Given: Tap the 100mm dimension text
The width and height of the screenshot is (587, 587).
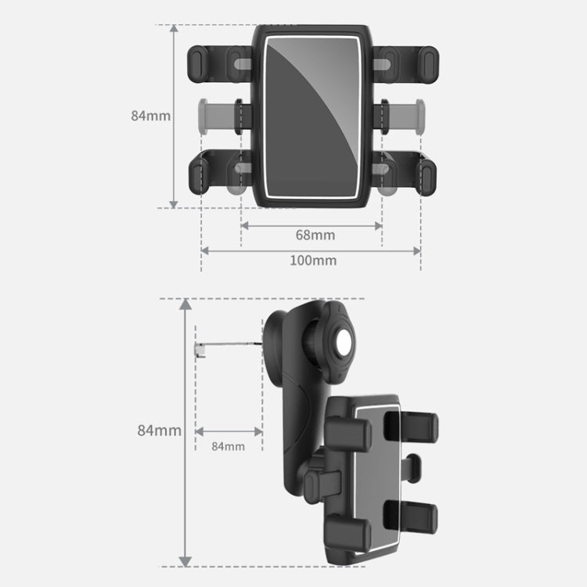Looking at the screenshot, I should pyautogui.click(x=313, y=260).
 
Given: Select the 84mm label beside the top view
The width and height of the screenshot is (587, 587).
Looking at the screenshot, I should pyautogui.click(x=150, y=115).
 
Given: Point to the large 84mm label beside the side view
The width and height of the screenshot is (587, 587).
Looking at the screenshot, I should pyautogui.click(x=159, y=430).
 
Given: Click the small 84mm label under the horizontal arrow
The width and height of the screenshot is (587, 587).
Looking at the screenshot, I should pyautogui.click(x=228, y=446).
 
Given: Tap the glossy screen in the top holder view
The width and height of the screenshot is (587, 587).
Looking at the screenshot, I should pyautogui.click(x=312, y=115).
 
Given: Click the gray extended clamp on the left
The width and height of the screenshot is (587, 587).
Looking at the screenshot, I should pyautogui.click(x=215, y=115).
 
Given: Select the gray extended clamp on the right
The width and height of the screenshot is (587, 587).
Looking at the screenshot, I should pyautogui.click(x=408, y=115).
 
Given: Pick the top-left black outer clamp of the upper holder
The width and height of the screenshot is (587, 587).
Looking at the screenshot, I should pyautogui.click(x=200, y=62).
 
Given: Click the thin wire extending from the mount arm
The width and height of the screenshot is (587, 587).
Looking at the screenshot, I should pyautogui.click(x=231, y=345).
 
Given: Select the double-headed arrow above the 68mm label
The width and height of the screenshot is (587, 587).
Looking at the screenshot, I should pyautogui.click(x=311, y=225).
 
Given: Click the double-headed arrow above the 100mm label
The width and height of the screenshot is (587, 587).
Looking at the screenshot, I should pyautogui.click(x=311, y=250).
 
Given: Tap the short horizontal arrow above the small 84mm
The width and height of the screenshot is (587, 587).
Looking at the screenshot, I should pyautogui.click(x=228, y=430).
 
